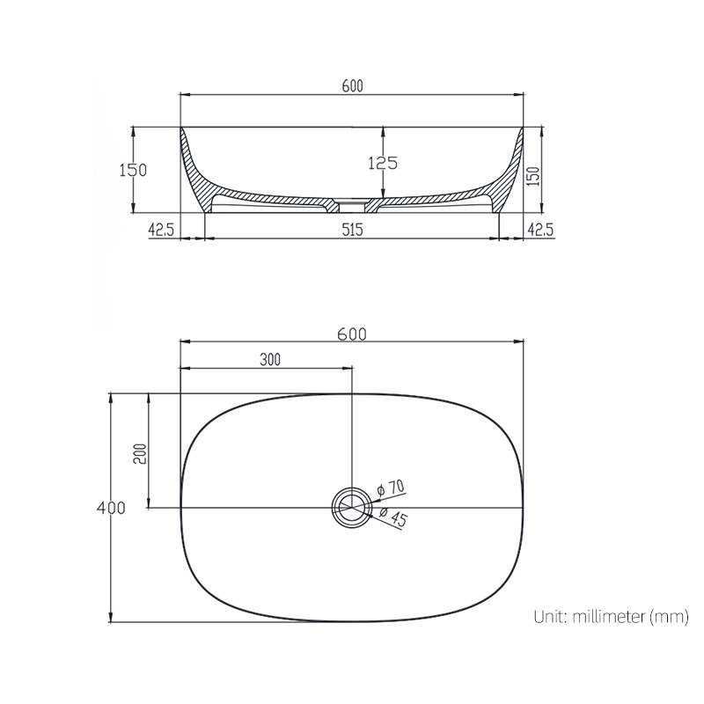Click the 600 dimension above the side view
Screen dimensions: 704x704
tap(351, 85)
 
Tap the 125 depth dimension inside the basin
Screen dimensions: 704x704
tap(384, 163)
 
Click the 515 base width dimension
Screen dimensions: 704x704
tap(351, 230)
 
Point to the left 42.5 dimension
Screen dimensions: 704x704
tap(161, 230)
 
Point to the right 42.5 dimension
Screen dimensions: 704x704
tap(539, 230)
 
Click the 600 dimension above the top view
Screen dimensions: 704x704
tap(351, 334)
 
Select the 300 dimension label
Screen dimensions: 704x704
tap(270, 359)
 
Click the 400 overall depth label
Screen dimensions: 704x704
tap(112, 508)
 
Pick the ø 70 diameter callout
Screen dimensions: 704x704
tap(389, 488)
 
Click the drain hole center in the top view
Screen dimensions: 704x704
tap(351, 508)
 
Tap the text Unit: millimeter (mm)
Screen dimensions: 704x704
tap(610, 617)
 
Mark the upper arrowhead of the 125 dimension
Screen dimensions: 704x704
tap(384, 131)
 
